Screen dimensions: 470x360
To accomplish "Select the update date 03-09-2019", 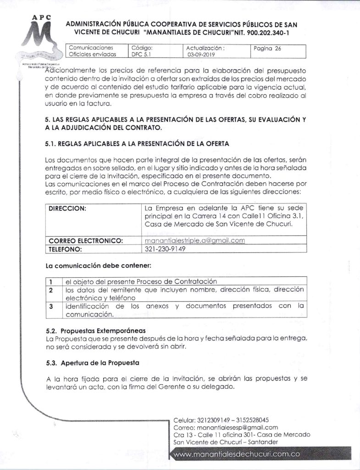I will click(x=200, y=54).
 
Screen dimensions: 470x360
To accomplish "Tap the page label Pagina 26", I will click(x=267, y=47).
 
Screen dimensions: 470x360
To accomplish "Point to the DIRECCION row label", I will click(x=68, y=208).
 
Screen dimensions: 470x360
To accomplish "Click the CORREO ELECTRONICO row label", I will click(x=86, y=241).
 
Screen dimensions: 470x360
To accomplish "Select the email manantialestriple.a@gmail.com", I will click(x=194, y=241).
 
